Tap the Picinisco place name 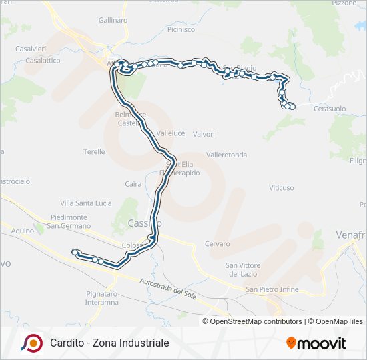click(x=181, y=30)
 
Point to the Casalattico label click(x=41, y=60)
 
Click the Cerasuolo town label click(x=330, y=108)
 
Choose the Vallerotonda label click(x=226, y=155)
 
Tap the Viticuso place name click(x=281, y=188)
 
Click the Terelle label click(x=94, y=152)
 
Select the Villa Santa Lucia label click(x=86, y=203)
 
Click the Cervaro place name click(x=217, y=244)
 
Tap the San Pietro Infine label click(x=272, y=290)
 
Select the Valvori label click(x=204, y=134)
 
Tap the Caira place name click(x=133, y=184)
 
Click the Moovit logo click(x=316, y=343)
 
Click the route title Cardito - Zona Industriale click(x=109, y=343)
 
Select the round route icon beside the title click(x=31, y=343)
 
